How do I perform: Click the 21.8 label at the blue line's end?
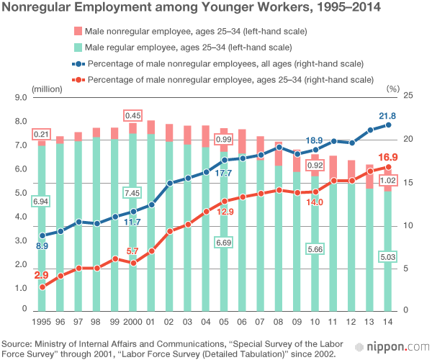[387, 116]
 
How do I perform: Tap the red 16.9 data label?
[388, 158]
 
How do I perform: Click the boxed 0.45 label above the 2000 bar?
[132, 116]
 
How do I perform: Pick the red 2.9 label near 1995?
[41, 275]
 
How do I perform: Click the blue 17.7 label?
[223, 174]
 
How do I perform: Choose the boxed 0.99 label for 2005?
[223, 139]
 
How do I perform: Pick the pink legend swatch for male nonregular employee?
[76, 32]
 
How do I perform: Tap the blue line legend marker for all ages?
[77, 63]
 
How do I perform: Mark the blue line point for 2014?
[388, 125]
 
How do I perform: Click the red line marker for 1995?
[42, 287]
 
